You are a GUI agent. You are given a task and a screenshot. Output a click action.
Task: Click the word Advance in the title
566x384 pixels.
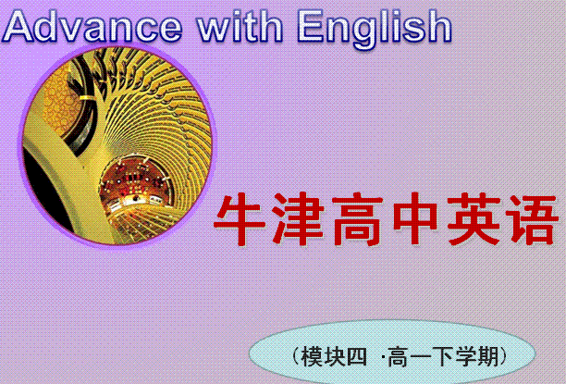coord(92,26)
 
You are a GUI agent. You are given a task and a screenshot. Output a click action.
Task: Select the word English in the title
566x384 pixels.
coord(375,29)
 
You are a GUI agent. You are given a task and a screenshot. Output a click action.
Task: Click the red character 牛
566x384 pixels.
coord(240,219)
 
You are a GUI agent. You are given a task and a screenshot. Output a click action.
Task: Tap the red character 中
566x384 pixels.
coord(415,219)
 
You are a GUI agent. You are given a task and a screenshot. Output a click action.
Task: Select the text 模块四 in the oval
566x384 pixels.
coord(334,356)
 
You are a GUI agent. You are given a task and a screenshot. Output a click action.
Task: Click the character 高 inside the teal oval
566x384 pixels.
coord(399,356)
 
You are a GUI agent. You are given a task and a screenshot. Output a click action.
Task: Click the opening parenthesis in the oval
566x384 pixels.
coord(295,356)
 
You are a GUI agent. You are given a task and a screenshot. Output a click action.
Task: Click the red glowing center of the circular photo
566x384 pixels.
coord(134,180)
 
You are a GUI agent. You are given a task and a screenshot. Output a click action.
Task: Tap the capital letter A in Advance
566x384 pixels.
coord(18,26)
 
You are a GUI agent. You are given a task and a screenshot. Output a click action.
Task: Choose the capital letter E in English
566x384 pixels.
coord(310,26)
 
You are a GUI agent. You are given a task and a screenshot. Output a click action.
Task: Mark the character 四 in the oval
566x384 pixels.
coord(356,356)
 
